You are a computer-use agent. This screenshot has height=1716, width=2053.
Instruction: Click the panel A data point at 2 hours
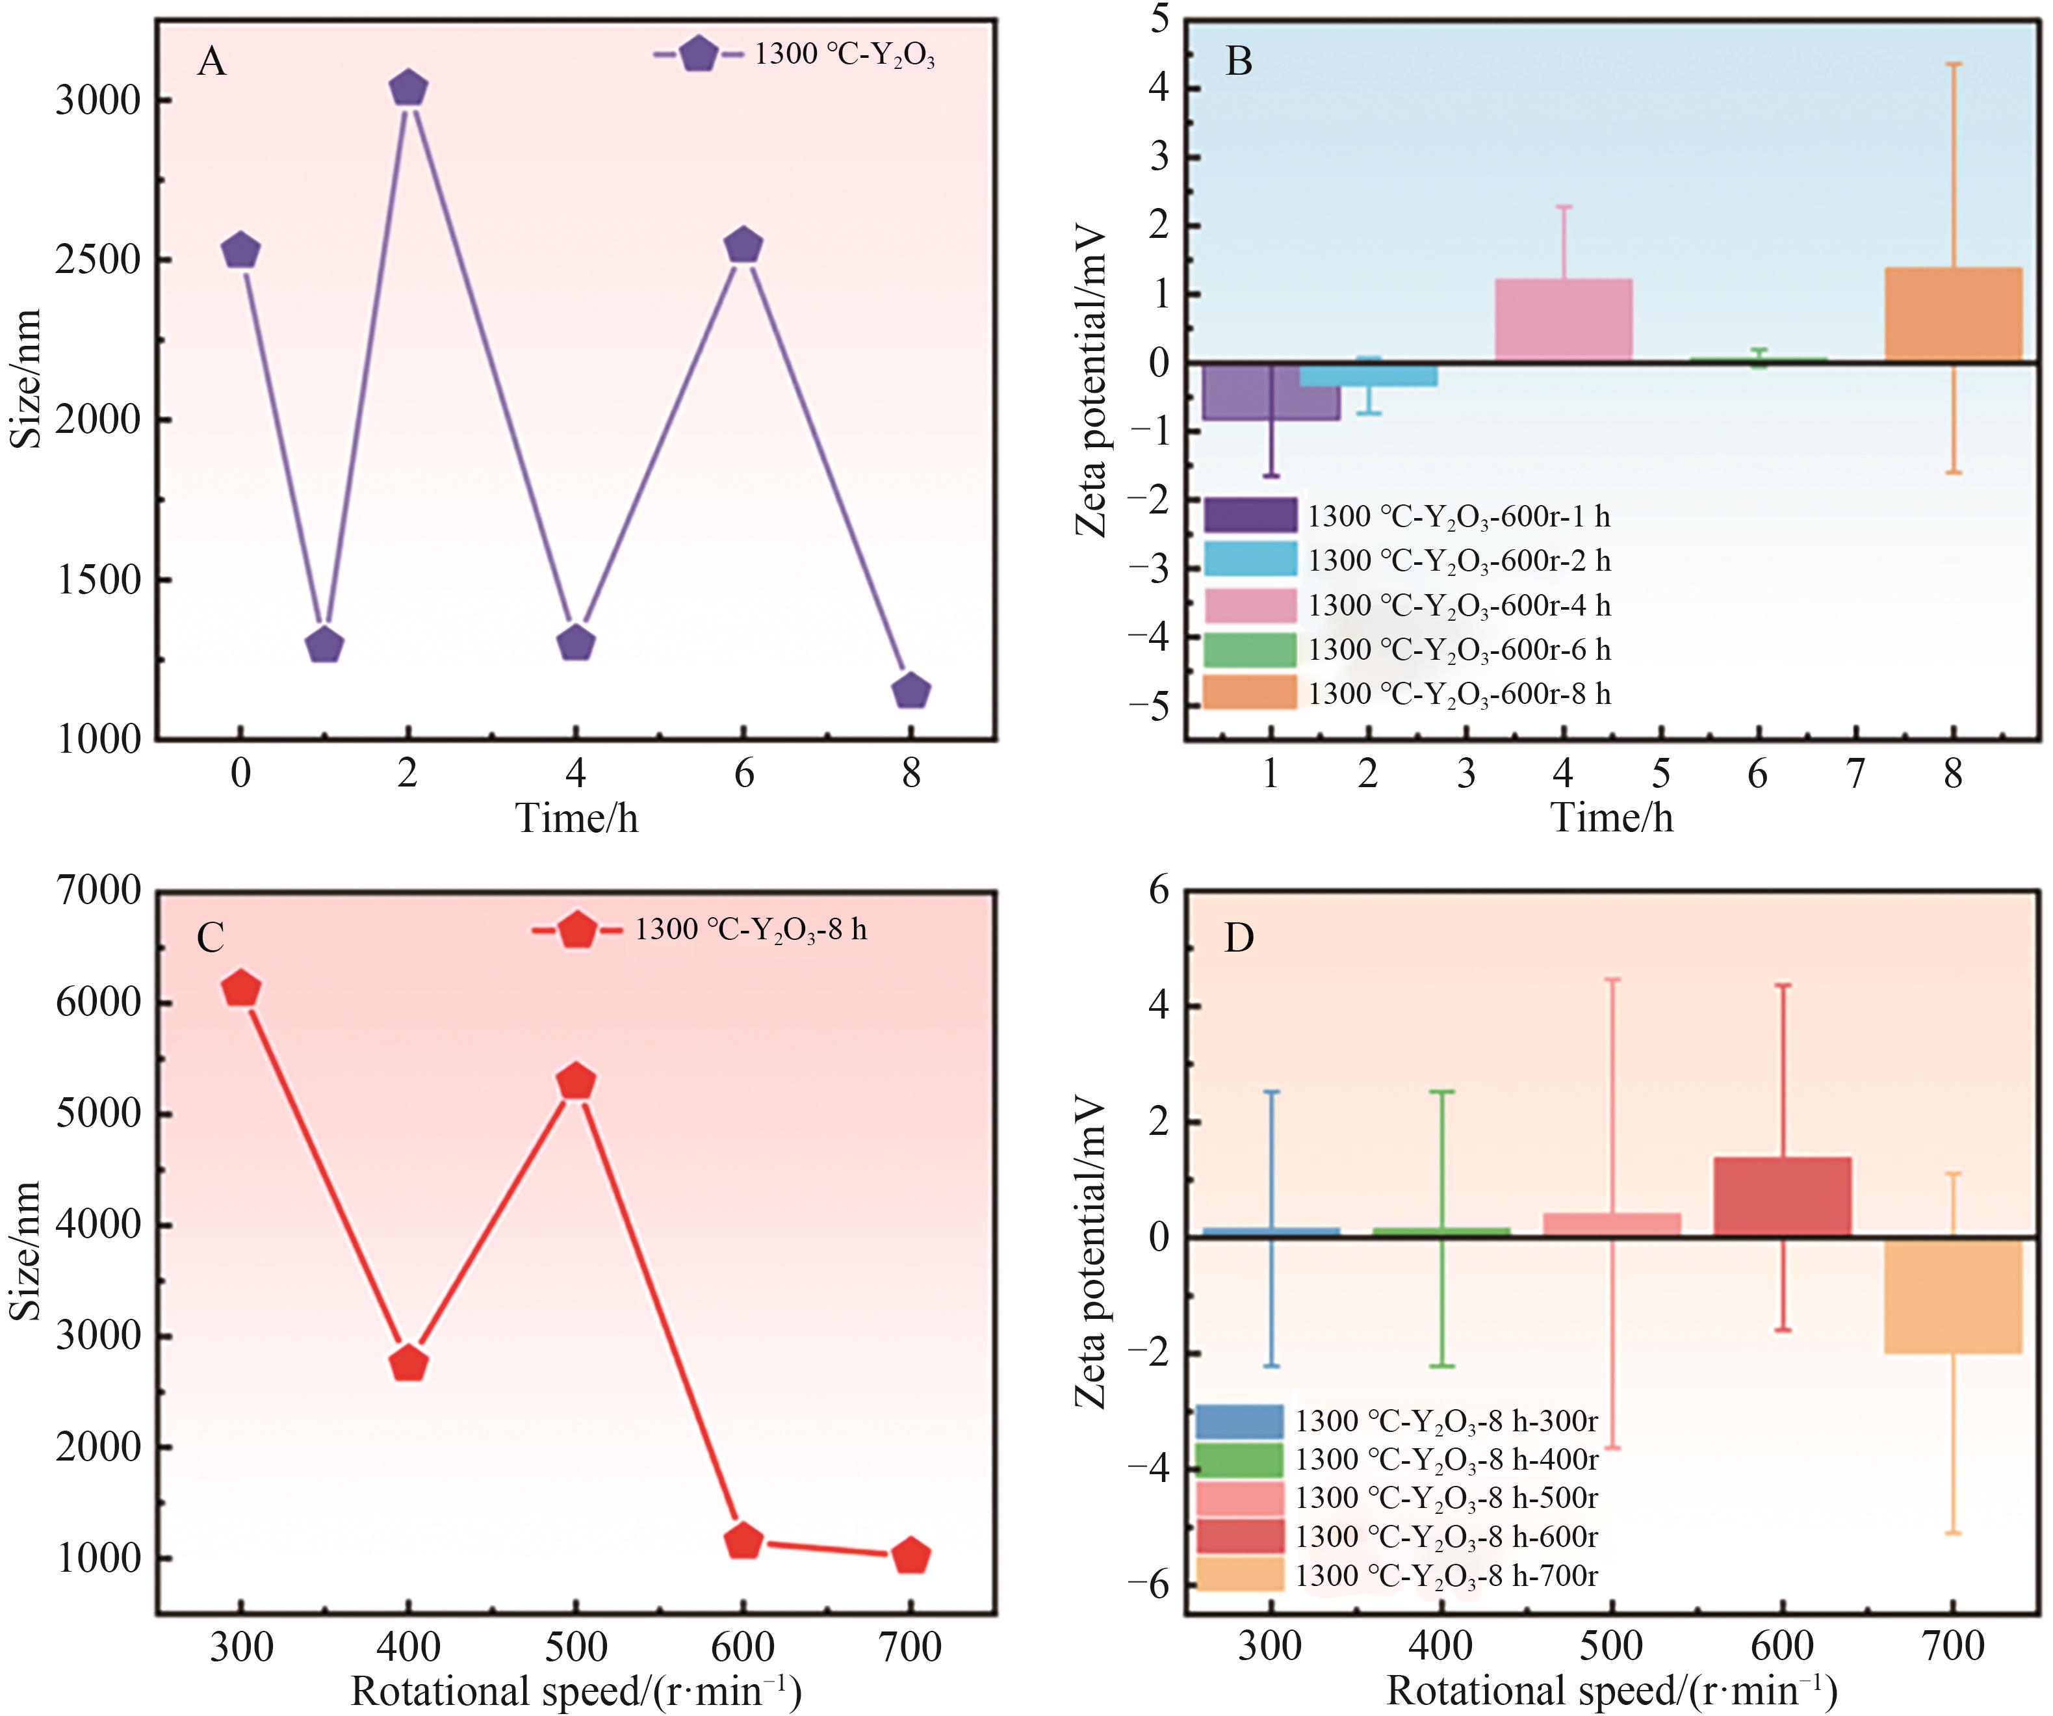[407, 88]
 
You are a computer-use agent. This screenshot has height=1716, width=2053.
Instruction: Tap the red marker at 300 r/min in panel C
[242, 989]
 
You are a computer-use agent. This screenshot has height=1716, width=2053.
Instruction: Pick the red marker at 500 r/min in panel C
[577, 1082]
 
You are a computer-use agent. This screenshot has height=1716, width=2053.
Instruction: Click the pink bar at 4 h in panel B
[1563, 320]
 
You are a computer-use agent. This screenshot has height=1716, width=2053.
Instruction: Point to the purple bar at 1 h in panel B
[1271, 391]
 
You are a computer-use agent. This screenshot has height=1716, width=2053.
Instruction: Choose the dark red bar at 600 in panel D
[1782, 1197]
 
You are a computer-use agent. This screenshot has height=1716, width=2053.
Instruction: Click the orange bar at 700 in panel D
[1952, 1295]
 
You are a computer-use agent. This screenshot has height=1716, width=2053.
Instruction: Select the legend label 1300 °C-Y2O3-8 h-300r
[1447, 1421]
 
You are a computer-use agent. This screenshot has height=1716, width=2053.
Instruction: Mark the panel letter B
[1239, 62]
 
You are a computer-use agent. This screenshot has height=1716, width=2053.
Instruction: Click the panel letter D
[1239, 938]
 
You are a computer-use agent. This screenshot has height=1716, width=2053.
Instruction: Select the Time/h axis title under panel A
[577, 818]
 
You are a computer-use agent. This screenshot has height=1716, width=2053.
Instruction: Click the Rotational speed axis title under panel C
[577, 1691]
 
